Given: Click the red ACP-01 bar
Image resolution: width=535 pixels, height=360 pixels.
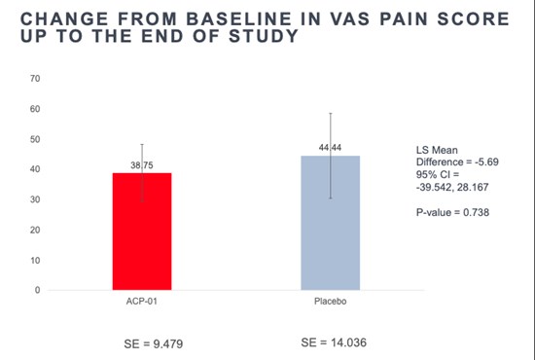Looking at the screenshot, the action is coord(142,232).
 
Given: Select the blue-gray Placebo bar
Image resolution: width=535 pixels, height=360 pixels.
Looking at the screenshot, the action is coord(331,223).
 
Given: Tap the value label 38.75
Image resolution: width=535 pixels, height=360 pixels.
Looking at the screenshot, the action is coord(142,165).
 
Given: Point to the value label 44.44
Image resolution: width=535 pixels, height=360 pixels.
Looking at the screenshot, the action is coord(330,148).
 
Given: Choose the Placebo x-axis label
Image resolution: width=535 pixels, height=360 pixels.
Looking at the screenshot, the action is coord(331,302).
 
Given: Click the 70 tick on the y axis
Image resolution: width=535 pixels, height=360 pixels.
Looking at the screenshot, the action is coord(35,79).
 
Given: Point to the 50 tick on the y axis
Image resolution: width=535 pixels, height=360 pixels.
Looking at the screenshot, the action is coord(35,139).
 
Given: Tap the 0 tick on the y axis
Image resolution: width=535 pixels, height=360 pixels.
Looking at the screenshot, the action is coord(38,290).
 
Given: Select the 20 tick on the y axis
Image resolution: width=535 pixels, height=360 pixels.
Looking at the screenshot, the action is coord(35,230).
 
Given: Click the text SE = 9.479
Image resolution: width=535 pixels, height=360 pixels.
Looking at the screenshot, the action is coord(153,344).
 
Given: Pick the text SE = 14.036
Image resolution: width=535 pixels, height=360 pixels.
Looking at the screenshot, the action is coord(334,342).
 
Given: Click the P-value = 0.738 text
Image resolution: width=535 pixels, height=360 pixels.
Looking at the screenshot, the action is coord(452,212).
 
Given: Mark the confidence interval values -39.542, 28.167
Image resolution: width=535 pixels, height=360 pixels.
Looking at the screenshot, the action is coord(452,187).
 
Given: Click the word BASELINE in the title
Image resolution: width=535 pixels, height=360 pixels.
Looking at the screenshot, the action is coord(238,18).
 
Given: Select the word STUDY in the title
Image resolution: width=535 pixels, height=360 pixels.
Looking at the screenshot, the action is coord(264,36).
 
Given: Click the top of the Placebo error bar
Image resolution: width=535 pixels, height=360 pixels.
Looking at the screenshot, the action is coord(331,113).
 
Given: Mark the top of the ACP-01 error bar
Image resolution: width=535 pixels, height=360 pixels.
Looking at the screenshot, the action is coord(142,144).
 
